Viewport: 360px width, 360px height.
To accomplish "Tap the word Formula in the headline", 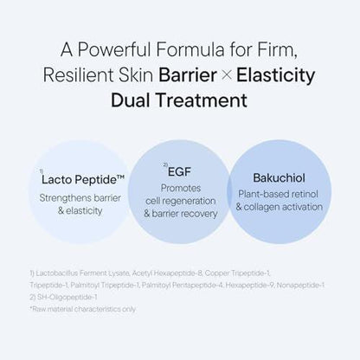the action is click(190, 49).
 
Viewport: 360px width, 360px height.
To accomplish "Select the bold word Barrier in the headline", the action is click(188, 75).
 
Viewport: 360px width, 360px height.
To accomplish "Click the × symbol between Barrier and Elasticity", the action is click(227, 75).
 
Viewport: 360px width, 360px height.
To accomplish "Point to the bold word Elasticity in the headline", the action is click(275, 75).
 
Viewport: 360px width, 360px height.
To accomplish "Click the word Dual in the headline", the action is click(131, 100).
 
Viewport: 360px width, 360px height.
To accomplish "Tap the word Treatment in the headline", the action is click(202, 100).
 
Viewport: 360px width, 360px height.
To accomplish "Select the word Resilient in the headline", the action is click(78, 75).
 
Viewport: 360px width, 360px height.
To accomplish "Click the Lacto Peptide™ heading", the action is click(83, 179).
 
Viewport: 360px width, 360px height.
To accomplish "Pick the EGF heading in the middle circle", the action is click(179, 172).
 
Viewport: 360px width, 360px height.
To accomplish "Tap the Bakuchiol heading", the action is click(279, 178).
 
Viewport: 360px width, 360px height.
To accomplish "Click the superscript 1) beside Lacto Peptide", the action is click(42, 171).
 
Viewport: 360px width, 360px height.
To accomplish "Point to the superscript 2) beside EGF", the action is click(165, 165).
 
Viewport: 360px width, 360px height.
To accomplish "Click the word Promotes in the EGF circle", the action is click(181, 188).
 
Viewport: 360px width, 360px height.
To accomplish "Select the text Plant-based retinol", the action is click(278, 194).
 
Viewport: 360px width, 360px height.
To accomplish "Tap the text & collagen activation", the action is click(280, 207).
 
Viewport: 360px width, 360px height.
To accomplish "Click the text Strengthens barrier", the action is click(80, 198).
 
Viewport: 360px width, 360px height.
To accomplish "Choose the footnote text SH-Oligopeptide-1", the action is click(67, 297).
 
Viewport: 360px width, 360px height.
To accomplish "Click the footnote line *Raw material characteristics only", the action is click(83, 309).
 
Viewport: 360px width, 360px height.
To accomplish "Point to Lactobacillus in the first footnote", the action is click(57, 273).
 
